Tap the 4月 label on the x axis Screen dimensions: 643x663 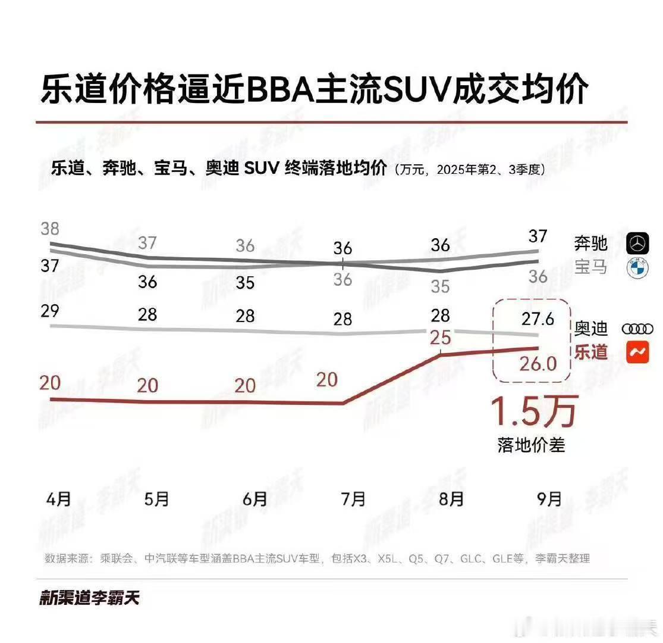pos(58,498)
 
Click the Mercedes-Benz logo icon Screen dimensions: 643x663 pos(638,243)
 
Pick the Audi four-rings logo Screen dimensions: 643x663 pos(637,329)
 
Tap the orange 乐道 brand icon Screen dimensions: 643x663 pos(637,352)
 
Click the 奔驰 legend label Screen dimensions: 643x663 pos(591,243)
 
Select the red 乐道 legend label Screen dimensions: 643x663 pos(591,352)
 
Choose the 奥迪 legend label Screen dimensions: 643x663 pos(591,329)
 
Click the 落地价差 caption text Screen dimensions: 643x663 pos(531,445)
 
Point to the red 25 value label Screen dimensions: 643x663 pos(440,338)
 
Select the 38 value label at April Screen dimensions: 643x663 pos(50,228)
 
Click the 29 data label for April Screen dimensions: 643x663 pos(50,310)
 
